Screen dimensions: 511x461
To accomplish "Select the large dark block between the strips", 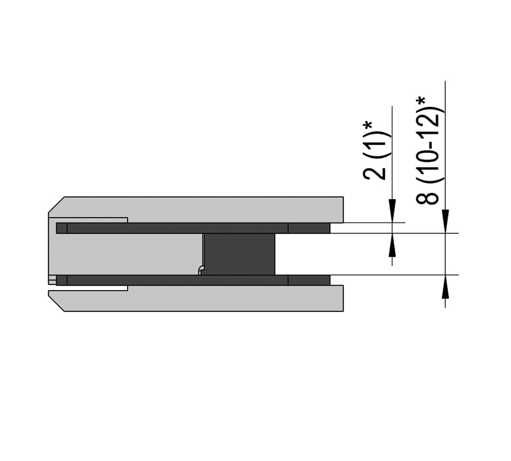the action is click(x=239, y=254).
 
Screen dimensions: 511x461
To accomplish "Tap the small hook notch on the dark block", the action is click(x=201, y=270).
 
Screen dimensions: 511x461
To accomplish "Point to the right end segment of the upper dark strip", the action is click(x=309, y=228).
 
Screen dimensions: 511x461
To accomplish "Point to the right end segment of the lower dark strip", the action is click(x=309, y=281).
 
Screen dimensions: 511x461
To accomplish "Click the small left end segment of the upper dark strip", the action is click(x=62, y=228).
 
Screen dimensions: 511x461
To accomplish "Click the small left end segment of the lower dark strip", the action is click(x=62, y=281).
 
